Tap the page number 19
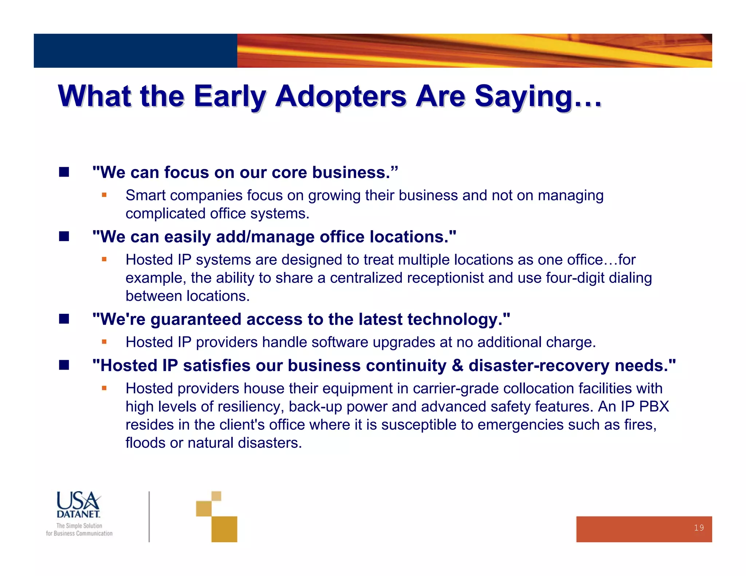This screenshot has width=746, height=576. coord(699,528)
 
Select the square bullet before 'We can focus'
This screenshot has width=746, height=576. coord(64,172)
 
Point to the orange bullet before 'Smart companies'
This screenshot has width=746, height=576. coord(104,195)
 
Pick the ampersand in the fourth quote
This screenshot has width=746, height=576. coord(458,365)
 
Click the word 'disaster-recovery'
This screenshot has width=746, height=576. coord(539,365)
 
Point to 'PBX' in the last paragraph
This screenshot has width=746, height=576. coord(654,406)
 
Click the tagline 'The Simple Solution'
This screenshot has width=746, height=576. coord(79,525)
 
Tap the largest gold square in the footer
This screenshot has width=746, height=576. coord(224,529)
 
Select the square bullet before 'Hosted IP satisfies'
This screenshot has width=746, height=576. coord(64,365)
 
